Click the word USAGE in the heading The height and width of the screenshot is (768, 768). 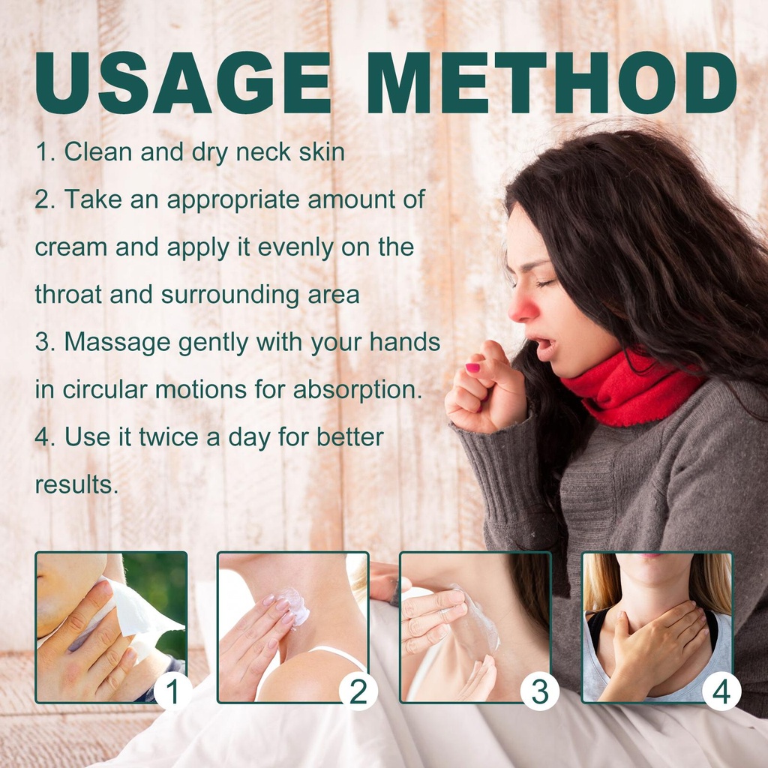[x=183, y=82]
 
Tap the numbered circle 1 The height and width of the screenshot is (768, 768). [x=172, y=691]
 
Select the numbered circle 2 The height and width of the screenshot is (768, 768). [x=358, y=691]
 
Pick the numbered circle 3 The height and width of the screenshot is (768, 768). [x=540, y=691]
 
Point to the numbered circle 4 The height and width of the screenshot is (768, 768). [x=721, y=691]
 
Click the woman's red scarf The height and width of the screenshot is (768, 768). [x=631, y=387]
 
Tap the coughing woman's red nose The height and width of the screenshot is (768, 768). [x=523, y=308]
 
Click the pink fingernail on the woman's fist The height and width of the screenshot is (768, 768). [x=472, y=367]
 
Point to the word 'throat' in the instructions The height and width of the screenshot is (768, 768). [x=68, y=295]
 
